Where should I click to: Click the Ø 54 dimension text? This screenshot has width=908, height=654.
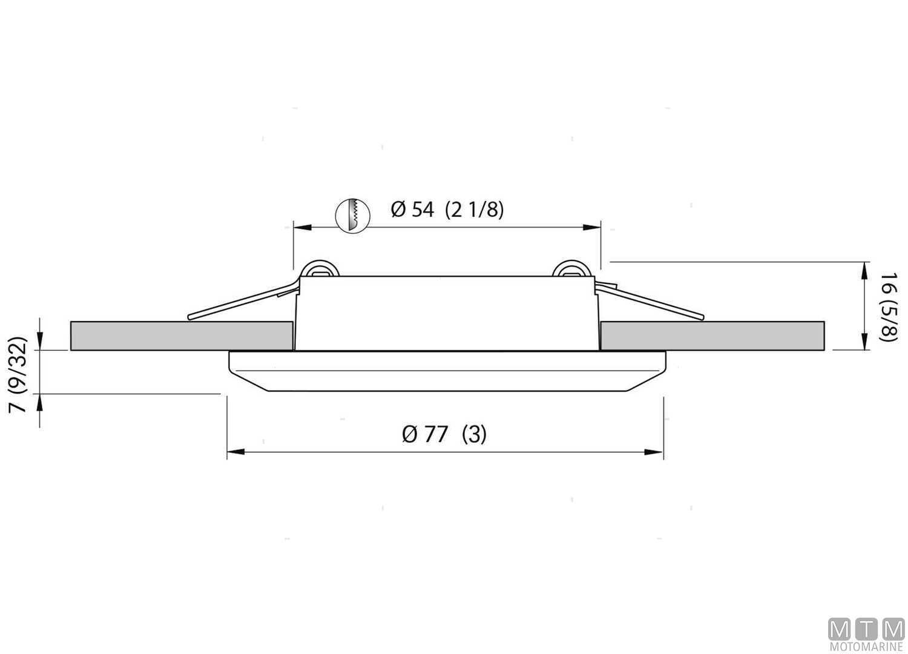click(x=412, y=210)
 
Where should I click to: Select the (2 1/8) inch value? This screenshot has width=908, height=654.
click(x=474, y=210)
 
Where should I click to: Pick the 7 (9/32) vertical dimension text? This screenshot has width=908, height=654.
click(x=19, y=374)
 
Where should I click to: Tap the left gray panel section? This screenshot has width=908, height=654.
click(x=182, y=335)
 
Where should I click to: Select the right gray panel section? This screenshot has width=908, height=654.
click(x=712, y=335)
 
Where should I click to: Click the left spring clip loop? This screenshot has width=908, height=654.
click(x=320, y=269)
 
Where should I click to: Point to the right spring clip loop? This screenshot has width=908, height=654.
click(x=573, y=269)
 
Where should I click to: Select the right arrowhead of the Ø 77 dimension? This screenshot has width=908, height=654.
click(x=655, y=452)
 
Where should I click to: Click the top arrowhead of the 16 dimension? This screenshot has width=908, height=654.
click(x=863, y=269)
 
